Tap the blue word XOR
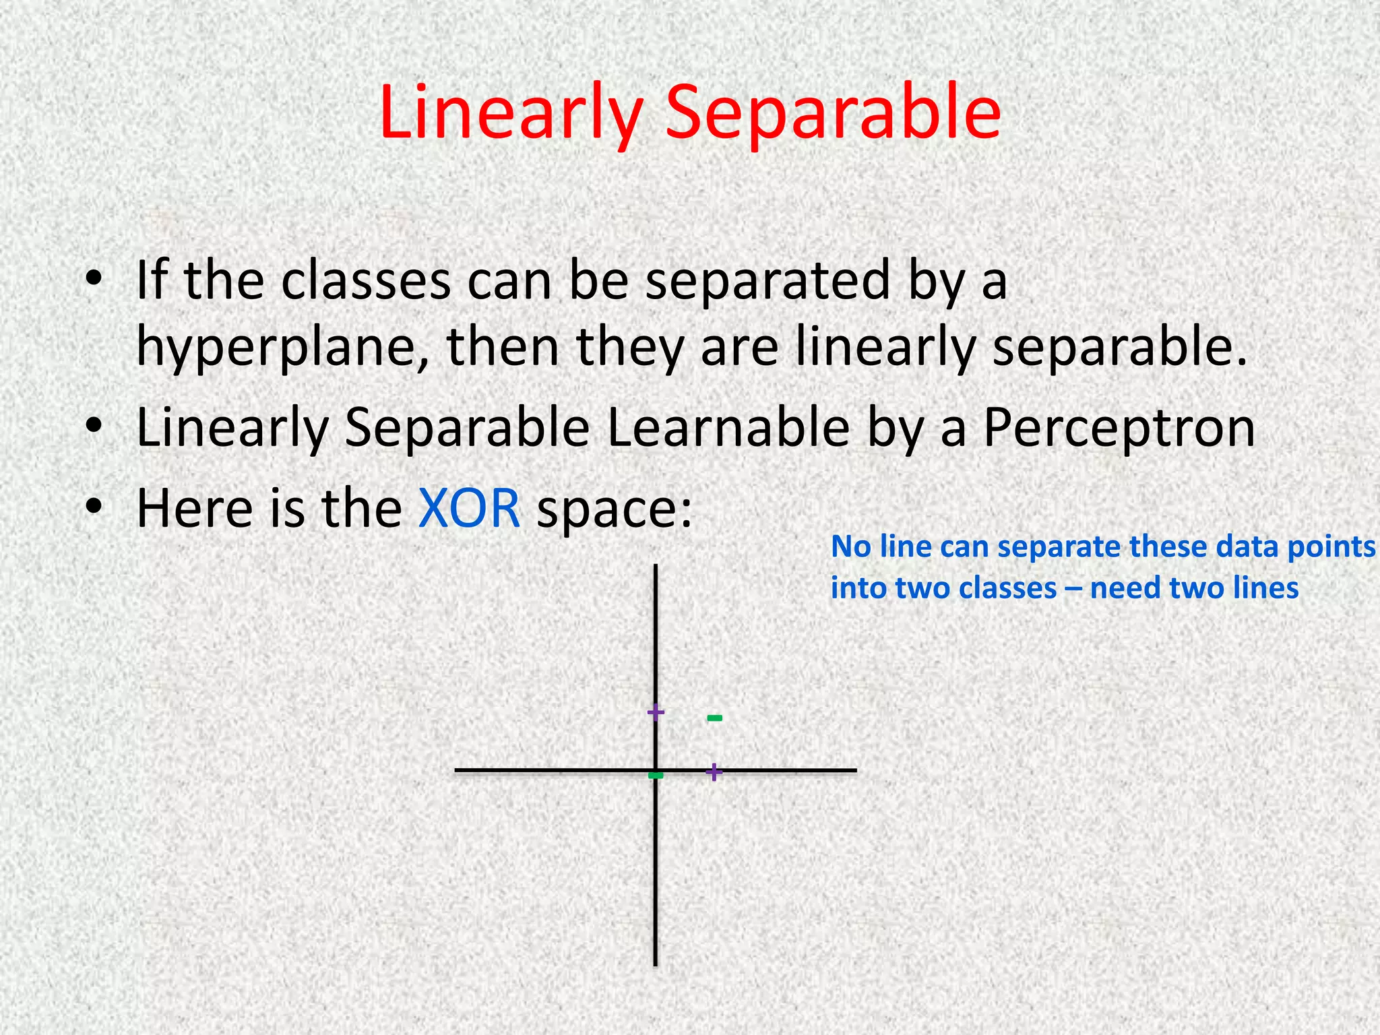coord(469,508)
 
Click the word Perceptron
coord(1119,429)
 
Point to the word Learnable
coord(728,429)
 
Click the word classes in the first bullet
coord(366,281)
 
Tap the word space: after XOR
coord(614,509)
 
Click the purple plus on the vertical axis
coord(656,712)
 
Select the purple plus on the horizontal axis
coord(714,772)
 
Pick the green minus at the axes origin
coord(656,776)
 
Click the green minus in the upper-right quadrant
coord(715,718)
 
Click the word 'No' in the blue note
coord(852,546)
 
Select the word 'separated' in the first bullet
coord(768,281)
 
